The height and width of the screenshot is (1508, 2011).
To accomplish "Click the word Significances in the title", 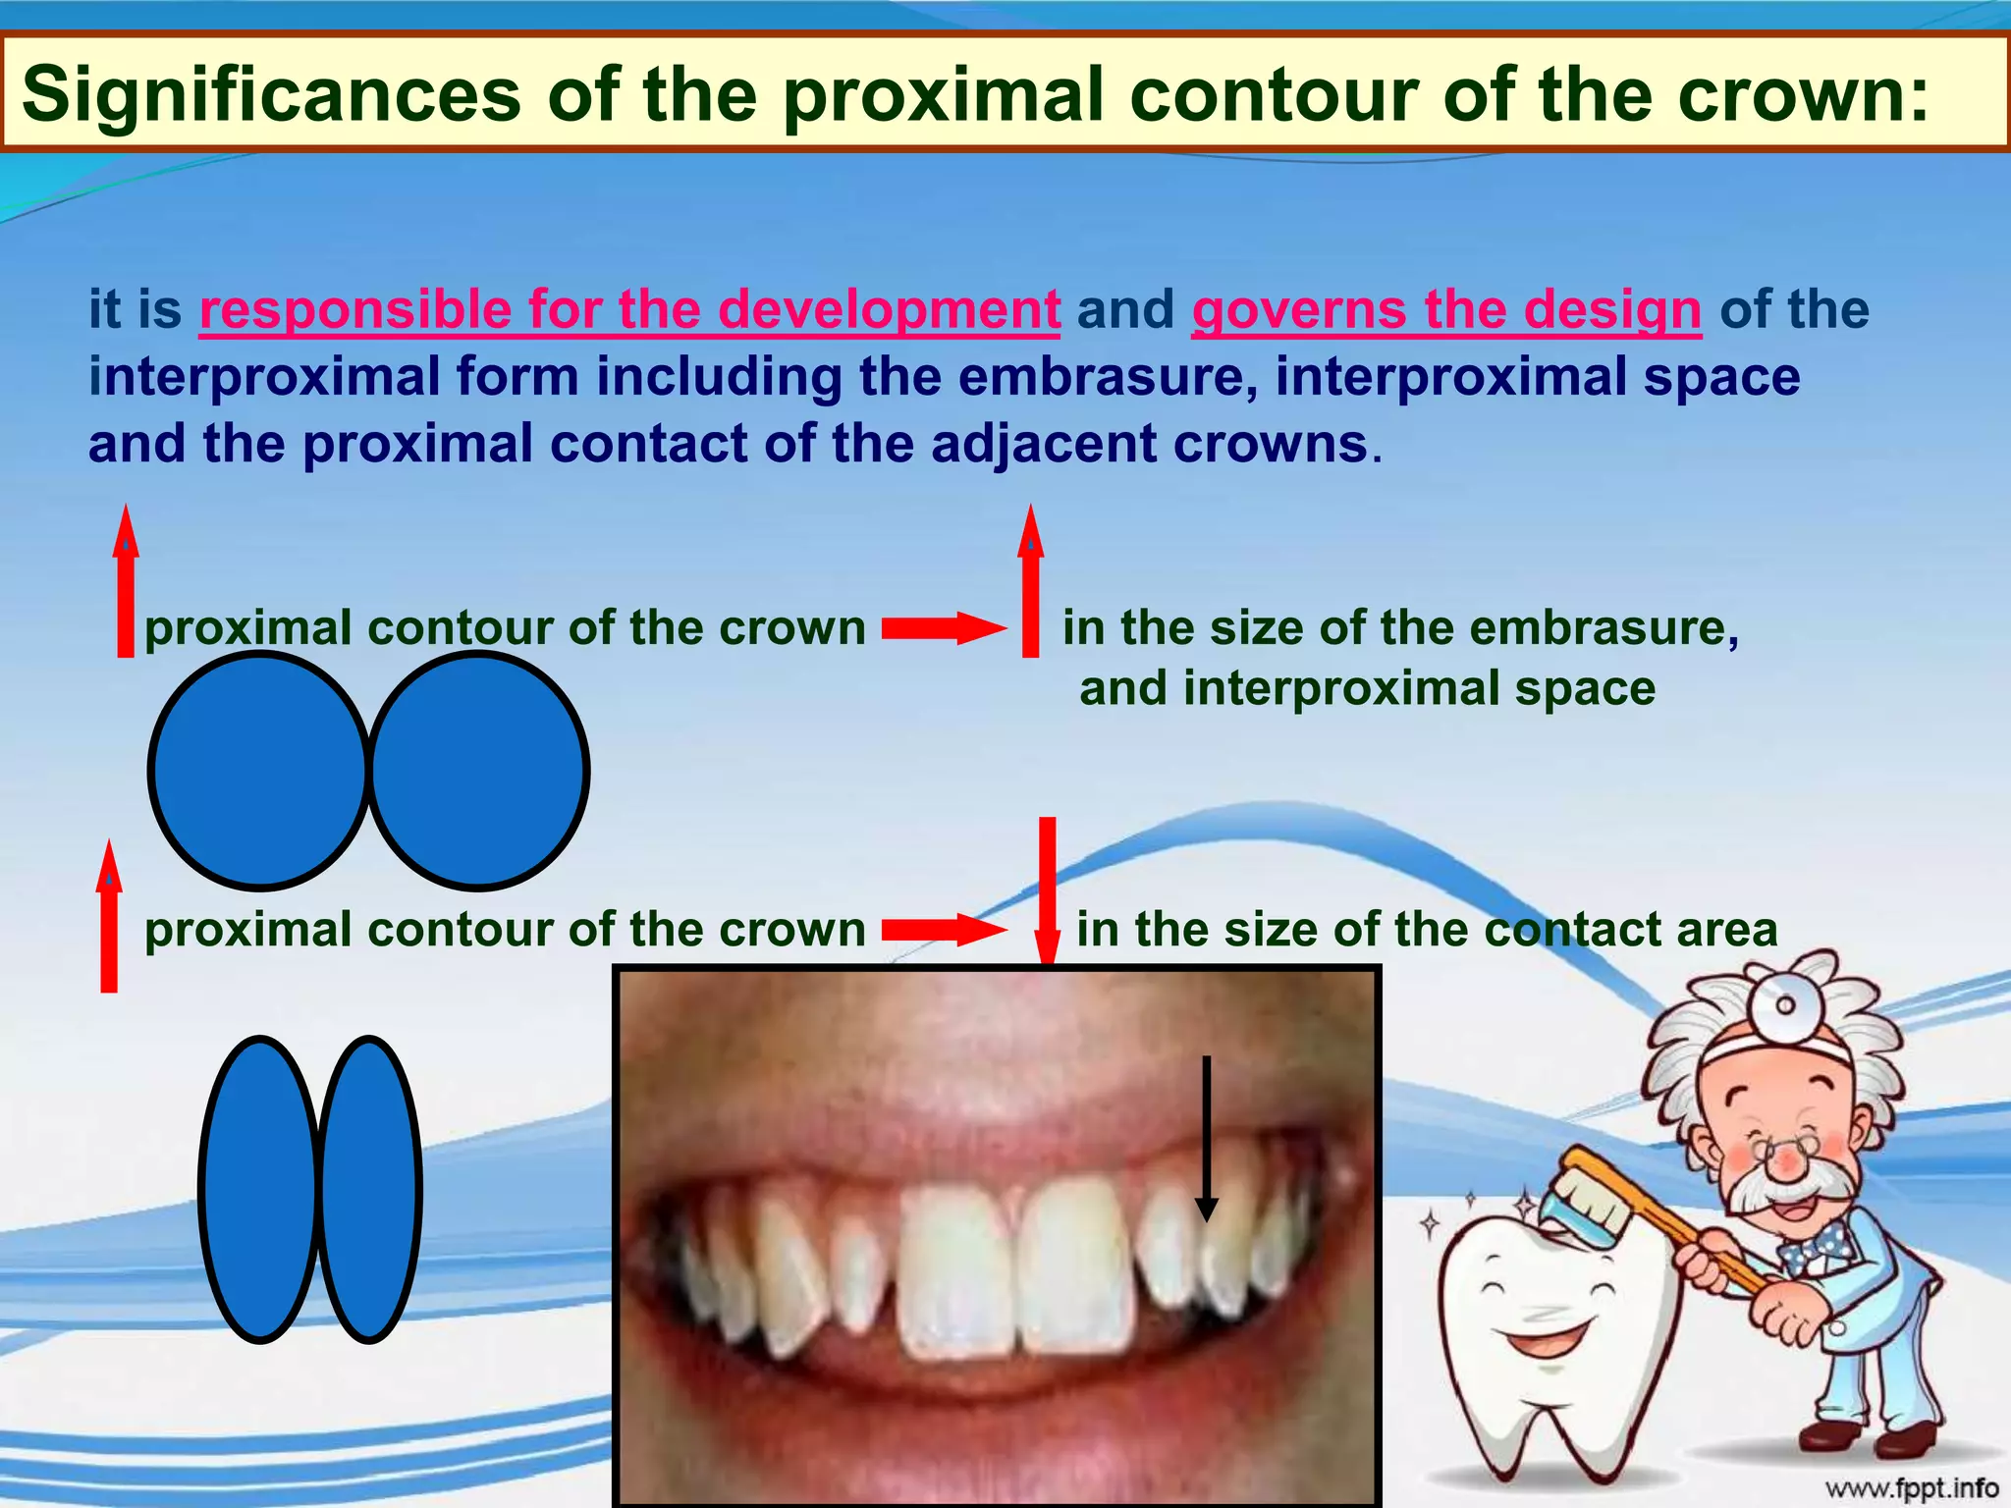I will point(270,94).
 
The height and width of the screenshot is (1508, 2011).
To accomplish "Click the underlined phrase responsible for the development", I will point(629,309).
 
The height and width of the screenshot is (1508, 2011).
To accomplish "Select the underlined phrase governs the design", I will point(1445,309).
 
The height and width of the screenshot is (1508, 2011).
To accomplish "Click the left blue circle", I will point(259,772).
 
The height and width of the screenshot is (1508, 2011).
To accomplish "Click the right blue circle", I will point(478,772).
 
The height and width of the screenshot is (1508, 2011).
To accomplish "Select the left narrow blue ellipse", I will point(260,1189).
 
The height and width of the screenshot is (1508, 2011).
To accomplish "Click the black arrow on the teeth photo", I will point(1207,1139).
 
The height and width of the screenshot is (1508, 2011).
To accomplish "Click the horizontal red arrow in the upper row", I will point(943,628).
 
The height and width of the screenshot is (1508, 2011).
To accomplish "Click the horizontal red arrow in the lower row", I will point(943,930).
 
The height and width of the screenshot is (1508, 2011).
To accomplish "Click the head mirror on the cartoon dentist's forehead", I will point(1785,1004).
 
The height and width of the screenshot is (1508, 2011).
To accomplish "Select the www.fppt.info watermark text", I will point(1911,1488).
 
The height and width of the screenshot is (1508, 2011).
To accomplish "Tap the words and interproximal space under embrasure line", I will point(1367,688).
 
